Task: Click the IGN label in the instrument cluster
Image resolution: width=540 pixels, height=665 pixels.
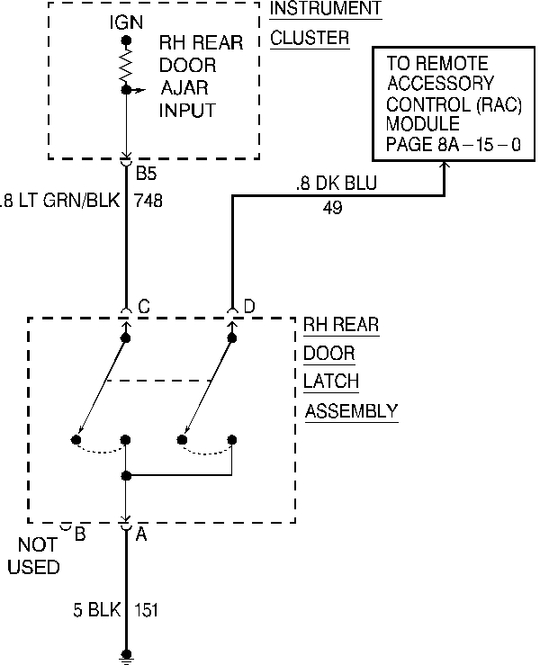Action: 126,22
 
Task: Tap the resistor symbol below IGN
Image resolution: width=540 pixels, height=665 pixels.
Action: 126,65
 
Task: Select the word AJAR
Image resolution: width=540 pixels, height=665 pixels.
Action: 184,88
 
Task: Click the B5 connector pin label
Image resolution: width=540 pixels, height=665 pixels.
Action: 146,173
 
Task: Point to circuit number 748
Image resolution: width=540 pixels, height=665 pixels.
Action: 148,201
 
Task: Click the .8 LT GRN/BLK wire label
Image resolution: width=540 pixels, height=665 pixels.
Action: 60,200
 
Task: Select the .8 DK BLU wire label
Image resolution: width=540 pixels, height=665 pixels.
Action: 337,184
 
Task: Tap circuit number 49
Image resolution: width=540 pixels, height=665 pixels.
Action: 333,208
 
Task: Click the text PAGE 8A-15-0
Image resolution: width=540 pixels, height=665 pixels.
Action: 453,145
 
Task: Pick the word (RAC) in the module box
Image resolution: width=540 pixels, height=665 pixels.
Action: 499,104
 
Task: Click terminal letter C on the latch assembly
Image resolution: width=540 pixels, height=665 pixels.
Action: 144,306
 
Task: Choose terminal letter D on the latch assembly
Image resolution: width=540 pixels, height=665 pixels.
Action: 249,306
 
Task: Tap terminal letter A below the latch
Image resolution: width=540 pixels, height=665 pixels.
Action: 141,535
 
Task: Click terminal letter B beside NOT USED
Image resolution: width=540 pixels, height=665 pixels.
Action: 80,535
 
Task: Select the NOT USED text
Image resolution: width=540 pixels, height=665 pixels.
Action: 34,556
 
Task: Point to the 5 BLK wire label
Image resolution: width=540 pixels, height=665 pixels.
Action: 97,610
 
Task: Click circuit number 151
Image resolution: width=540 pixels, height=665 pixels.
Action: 146,610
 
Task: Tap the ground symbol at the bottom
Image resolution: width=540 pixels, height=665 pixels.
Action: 126,658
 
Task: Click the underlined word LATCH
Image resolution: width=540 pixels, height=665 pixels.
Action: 331,382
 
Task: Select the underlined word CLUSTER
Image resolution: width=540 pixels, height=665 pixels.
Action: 310,38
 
